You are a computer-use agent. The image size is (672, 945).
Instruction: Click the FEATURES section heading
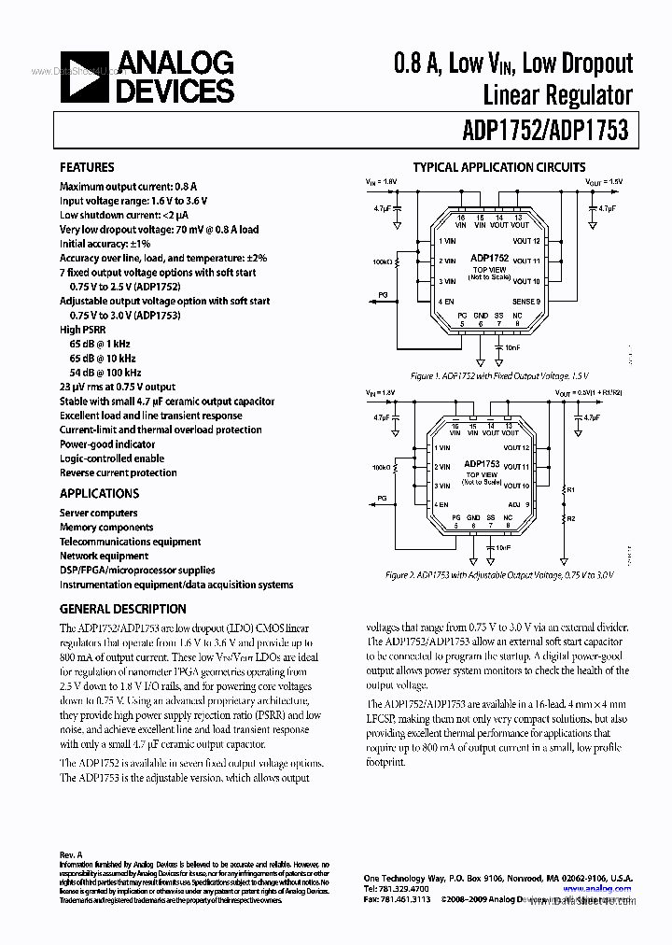click(87, 167)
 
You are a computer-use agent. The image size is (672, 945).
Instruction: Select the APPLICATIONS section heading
click(99, 493)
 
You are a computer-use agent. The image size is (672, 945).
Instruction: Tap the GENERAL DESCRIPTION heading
click(122, 609)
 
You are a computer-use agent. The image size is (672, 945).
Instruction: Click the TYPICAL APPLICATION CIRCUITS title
click(499, 167)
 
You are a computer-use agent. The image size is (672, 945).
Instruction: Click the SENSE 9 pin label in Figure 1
click(526, 302)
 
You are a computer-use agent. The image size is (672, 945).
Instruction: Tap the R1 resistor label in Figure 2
click(572, 489)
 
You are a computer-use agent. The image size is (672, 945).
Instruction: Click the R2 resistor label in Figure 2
click(572, 517)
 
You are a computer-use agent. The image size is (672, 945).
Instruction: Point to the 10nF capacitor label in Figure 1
click(512, 346)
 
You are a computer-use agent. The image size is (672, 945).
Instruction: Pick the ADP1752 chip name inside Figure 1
click(489, 258)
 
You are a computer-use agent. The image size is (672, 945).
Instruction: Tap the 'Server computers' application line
click(98, 513)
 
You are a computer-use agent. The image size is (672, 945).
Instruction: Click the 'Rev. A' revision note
click(71, 854)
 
